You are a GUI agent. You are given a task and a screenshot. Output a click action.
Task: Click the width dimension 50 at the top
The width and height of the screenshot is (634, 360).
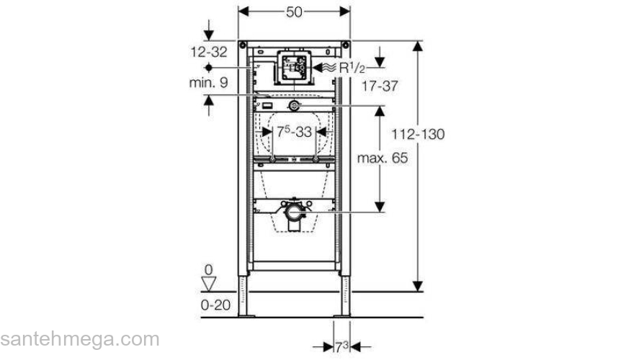[293, 12]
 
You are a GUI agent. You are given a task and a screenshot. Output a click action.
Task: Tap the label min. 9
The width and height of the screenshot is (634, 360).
[208, 83]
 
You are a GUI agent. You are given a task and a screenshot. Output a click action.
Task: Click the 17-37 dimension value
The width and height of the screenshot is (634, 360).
[380, 86]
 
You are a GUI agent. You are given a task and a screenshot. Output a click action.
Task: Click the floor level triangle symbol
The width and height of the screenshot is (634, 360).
[209, 282]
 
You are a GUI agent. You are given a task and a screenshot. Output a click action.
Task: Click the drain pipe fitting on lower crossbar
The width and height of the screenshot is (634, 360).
[294, 214]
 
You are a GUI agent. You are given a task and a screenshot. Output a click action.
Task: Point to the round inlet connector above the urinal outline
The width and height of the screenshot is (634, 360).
[294, 107]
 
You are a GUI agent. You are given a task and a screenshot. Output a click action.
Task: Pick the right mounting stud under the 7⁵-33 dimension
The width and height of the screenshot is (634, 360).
[317, 158]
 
